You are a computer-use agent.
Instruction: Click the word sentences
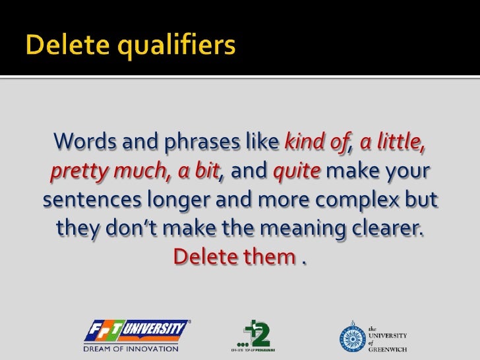(87, 200)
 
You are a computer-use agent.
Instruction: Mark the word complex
(359, 200)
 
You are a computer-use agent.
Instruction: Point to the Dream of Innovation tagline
(131, 347)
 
